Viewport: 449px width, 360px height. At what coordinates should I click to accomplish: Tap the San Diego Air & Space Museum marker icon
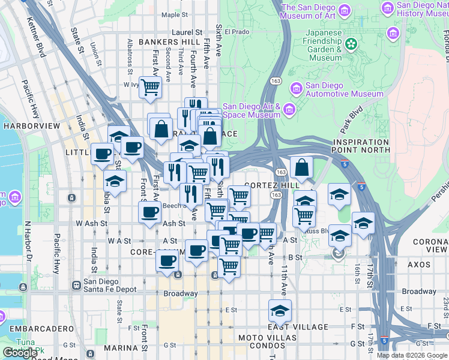290,109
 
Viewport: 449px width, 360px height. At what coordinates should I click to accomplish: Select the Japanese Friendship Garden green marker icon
351,43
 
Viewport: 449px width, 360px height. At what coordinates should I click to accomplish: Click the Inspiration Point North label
361,146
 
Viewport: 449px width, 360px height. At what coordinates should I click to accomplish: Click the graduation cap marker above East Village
280,311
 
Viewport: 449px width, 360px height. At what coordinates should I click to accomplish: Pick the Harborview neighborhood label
32,126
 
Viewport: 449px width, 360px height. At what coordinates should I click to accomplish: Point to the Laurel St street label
187,32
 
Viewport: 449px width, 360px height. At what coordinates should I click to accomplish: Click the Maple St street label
175,14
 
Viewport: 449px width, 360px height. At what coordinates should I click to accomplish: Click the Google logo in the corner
20,353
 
